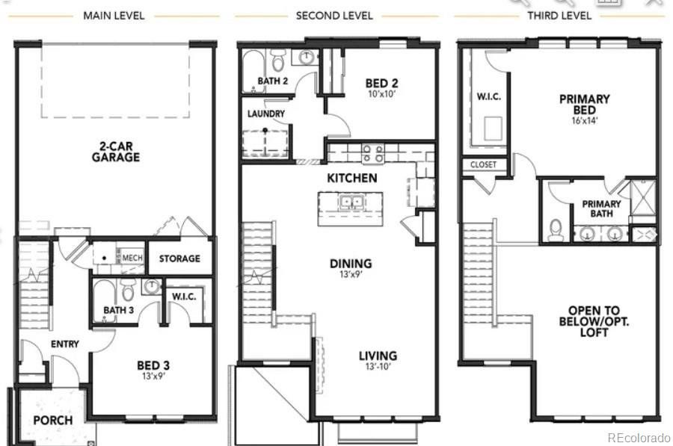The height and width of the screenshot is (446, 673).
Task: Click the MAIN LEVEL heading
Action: tap(114, 15)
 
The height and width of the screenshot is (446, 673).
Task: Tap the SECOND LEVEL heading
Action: tap(336, 15)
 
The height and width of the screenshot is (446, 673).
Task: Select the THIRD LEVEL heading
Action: tap(559, 15)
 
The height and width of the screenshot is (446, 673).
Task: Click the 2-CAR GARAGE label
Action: tap(116, 152)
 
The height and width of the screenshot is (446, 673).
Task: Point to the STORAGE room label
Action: tap(179, 258)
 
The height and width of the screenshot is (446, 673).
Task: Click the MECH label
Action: tap(132, 258)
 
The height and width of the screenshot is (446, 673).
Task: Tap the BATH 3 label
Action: tap(118, 310)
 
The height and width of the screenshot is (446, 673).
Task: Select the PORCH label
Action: tap(52, 420)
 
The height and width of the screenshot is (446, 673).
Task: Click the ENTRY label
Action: tap(65, 344)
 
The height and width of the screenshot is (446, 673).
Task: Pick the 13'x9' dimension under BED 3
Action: tap(153, 377)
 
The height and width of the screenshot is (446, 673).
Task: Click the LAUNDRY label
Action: tap(265, 114)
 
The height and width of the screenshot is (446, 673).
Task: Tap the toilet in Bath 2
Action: tap(278, 60)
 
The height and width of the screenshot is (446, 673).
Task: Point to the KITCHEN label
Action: tap(351, 179)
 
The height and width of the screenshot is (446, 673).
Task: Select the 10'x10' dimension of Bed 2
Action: tap(383, 94)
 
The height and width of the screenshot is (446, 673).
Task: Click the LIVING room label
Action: tap(377, 356)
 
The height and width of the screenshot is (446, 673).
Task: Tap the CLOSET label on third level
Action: tap(483, 164)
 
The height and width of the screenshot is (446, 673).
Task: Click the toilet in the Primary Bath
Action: tap(556, 229)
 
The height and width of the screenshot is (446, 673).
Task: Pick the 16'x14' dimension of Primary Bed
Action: tap(584, 120)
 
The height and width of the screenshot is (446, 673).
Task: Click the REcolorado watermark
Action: tap(639, 437)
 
